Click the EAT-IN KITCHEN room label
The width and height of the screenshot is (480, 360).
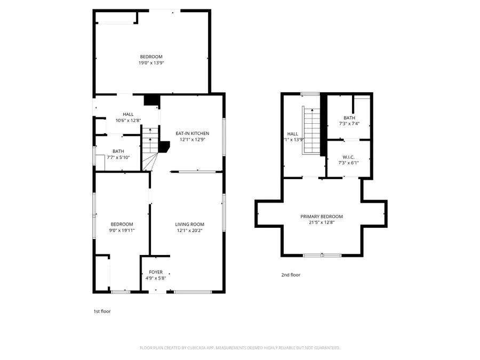tap(193, 133)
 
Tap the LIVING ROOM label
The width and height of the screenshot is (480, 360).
tap(190, 224)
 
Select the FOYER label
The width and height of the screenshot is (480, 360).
tap(156, 272)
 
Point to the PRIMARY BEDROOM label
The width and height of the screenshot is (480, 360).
tap(322, 217)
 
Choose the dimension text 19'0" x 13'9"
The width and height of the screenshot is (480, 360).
tap(151, 63)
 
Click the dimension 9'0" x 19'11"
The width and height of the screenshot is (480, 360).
tap(122, 230)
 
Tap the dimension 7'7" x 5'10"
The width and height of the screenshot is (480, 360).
tap(118, 157)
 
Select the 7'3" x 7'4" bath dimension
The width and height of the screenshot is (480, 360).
tap(349, 124)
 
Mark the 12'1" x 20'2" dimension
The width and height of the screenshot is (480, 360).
tap(190, 230)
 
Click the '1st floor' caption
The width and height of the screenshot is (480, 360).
tap(102, 311)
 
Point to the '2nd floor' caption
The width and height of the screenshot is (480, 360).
tap(291, 275)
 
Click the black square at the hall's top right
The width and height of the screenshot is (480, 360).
tap(152, 100)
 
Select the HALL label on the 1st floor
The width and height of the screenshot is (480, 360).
tap(129, 114)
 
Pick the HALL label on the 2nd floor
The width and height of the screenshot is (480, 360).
tap(293, 134)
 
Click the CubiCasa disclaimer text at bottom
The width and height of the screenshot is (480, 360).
tap(239, 348)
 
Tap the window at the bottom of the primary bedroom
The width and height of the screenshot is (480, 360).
tap(322, 255)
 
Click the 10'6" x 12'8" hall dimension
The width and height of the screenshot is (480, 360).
tap(129, 121)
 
